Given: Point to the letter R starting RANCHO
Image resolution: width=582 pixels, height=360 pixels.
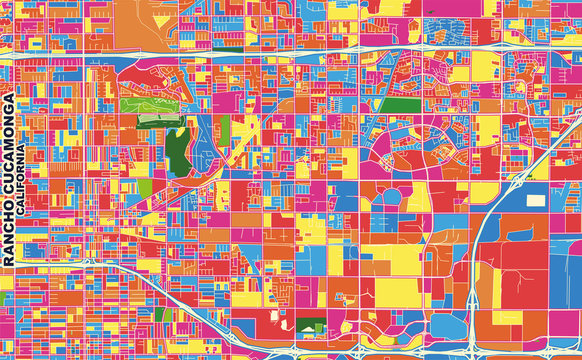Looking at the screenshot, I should [9, 263].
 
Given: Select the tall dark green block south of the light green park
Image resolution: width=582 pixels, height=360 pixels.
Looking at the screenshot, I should [178, 145].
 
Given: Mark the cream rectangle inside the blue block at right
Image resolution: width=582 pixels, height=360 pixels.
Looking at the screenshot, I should [537, 199].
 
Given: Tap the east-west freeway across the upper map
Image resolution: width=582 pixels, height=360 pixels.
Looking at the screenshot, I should [300, 50].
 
